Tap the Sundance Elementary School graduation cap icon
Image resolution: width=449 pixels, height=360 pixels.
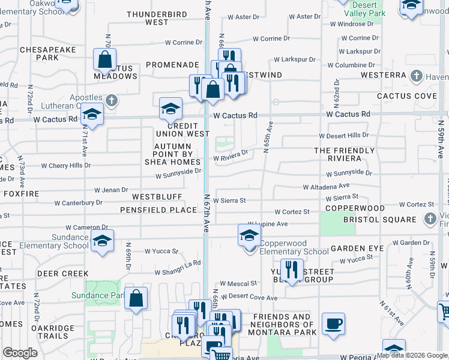tap(102, 241)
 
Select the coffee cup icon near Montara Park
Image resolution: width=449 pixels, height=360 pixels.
tap(333, 324)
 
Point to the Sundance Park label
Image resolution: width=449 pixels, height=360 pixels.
tap(98, 295)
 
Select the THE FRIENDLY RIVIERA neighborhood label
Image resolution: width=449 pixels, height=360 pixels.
tap(339, 154)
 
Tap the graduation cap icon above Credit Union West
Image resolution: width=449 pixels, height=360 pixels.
tap(170, 109)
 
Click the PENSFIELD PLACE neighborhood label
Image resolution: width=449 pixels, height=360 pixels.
tap(158, 209)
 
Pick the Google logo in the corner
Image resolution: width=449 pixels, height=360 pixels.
tap(20, 352)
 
